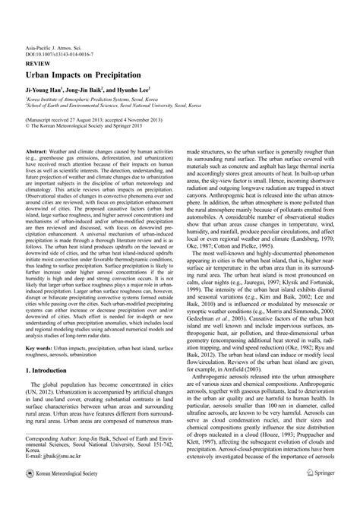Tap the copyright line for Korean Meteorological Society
[88, 127]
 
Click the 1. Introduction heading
[55, 398]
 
